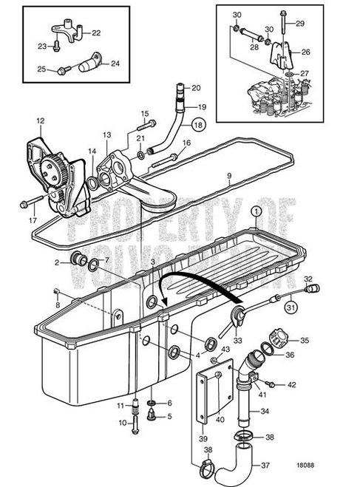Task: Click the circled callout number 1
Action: click(x=255, y=211)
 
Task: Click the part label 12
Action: click(x=40, y=119)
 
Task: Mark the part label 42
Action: click(x=291, y=384)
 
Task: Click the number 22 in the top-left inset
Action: click(x=96, y=33)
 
